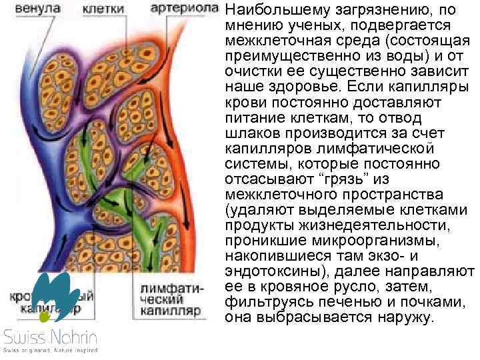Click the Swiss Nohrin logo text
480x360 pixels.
click(x=50, y=337)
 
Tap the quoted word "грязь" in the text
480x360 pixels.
click(x=345, y=179)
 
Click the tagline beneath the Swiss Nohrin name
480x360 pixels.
click(x=50, y=350)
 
